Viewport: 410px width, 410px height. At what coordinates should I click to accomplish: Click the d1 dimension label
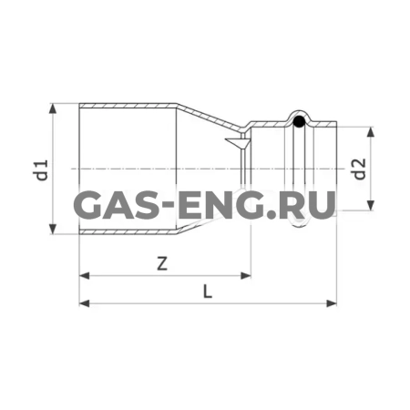pyautogui.click(x=41, y=170)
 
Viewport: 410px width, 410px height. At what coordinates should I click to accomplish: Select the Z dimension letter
pyautogui.click(x=161, y=264)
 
